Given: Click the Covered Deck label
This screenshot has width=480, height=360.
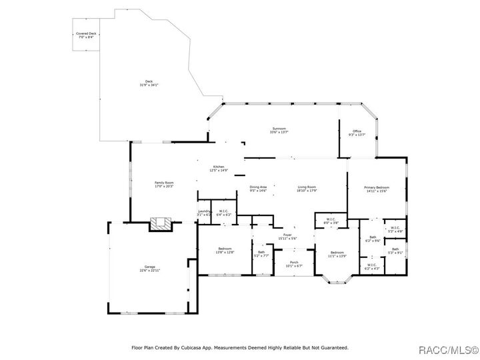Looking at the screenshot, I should click(85, 33).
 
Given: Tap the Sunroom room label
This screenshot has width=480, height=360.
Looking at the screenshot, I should click(279, 129).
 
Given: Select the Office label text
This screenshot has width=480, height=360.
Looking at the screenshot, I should click(357, 131).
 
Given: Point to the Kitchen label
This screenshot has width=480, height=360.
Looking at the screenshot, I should click(219, 167).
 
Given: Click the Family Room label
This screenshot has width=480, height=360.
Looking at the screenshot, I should click(164, 183).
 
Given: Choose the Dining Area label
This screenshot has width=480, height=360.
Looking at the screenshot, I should click(258, 187).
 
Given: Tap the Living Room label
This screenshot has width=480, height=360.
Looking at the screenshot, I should click(307, 187).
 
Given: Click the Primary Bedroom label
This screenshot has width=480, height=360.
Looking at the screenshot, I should click(376, 188).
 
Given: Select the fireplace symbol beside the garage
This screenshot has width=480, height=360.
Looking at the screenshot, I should click(161, 223).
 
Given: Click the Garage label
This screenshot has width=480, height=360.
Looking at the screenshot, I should click(149, 267).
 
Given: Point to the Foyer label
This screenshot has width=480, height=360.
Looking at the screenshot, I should click(287, 235).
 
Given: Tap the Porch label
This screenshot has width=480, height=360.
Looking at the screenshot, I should click(294, 263).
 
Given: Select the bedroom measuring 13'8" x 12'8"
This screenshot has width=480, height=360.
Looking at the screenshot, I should click(225, 251).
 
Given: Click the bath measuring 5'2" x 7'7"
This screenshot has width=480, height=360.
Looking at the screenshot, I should click(261, 253).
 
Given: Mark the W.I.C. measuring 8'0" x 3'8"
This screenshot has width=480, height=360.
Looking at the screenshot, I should click(331, 221).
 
